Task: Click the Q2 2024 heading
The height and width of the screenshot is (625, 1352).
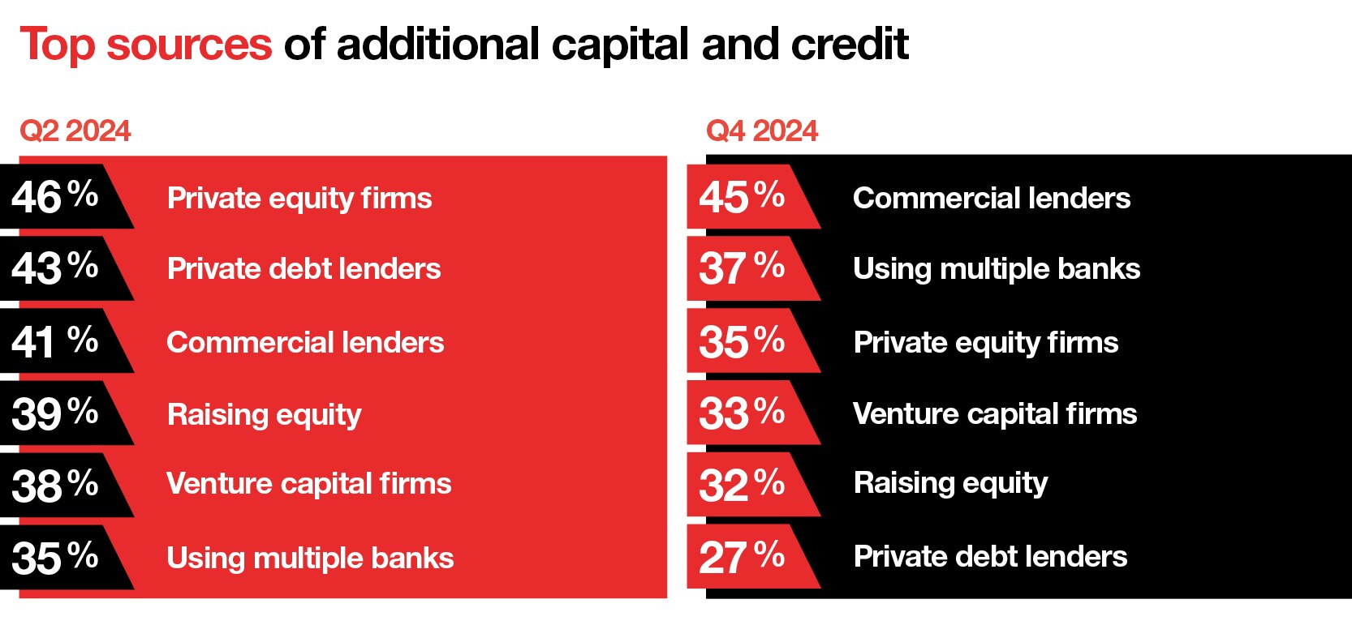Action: click(75, 131)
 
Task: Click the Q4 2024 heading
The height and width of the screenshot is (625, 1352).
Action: click(762, 131)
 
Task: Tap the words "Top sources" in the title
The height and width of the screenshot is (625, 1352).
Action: click(146, 45)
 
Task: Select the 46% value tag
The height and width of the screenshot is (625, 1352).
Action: click(67, 196)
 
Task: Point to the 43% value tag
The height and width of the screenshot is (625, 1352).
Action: click(67, 268)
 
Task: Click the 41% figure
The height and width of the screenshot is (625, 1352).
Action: click(55, 341)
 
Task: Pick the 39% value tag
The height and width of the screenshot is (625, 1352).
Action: click(67, 413)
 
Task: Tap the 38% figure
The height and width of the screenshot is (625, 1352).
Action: click(55, 486)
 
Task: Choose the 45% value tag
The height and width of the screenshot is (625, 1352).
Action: click(754, 196)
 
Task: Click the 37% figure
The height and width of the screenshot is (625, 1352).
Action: click(742, 268)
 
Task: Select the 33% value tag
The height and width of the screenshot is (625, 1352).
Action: click(754, 413)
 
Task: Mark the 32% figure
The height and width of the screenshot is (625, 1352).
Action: click(742, 486)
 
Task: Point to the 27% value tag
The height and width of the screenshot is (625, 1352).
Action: click(754, 557)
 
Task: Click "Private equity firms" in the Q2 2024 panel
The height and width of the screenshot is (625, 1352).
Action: click(299, 199)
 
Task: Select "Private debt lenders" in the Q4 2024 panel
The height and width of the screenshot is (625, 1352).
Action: click(990, 556)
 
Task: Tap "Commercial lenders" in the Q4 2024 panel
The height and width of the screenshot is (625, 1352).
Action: click(992, 198)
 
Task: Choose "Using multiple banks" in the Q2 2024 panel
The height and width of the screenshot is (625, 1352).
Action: click(310, 558)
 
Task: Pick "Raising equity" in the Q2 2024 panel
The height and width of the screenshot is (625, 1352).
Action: click(265, 415)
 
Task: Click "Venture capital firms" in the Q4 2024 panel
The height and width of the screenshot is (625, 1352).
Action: click(995, 414)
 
